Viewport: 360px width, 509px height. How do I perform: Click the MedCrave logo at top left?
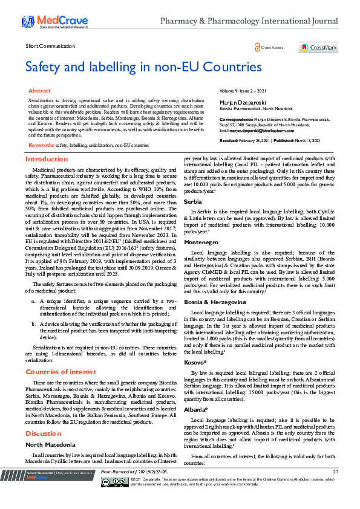pos(53,22)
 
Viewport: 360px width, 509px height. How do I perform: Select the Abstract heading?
pos(40,90)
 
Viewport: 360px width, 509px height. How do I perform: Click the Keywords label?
pos(41,146)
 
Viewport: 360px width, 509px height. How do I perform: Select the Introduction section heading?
pos(47,160)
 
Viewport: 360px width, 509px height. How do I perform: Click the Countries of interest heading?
pos(62,371)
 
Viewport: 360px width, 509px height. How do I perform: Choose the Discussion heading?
pos(44,433)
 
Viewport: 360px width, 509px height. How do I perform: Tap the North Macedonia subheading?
pos(50,444)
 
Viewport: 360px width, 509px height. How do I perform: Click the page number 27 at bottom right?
pos(335,488)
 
